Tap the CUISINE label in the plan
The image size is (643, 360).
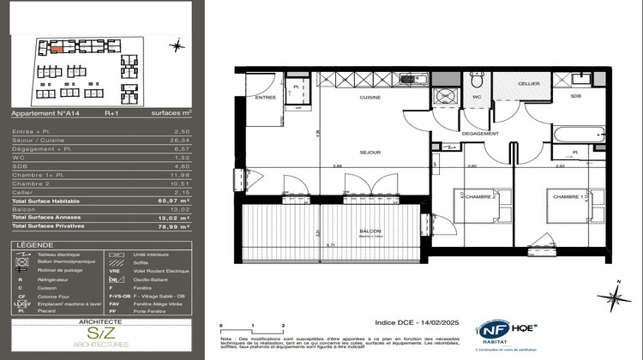[x=370, y=99]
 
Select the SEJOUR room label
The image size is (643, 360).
[x=370, y=153]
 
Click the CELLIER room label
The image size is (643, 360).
[x=527, y=83]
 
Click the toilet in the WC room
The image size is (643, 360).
[x=478, y=80]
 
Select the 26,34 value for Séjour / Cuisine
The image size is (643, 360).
[x=198, y=138]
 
